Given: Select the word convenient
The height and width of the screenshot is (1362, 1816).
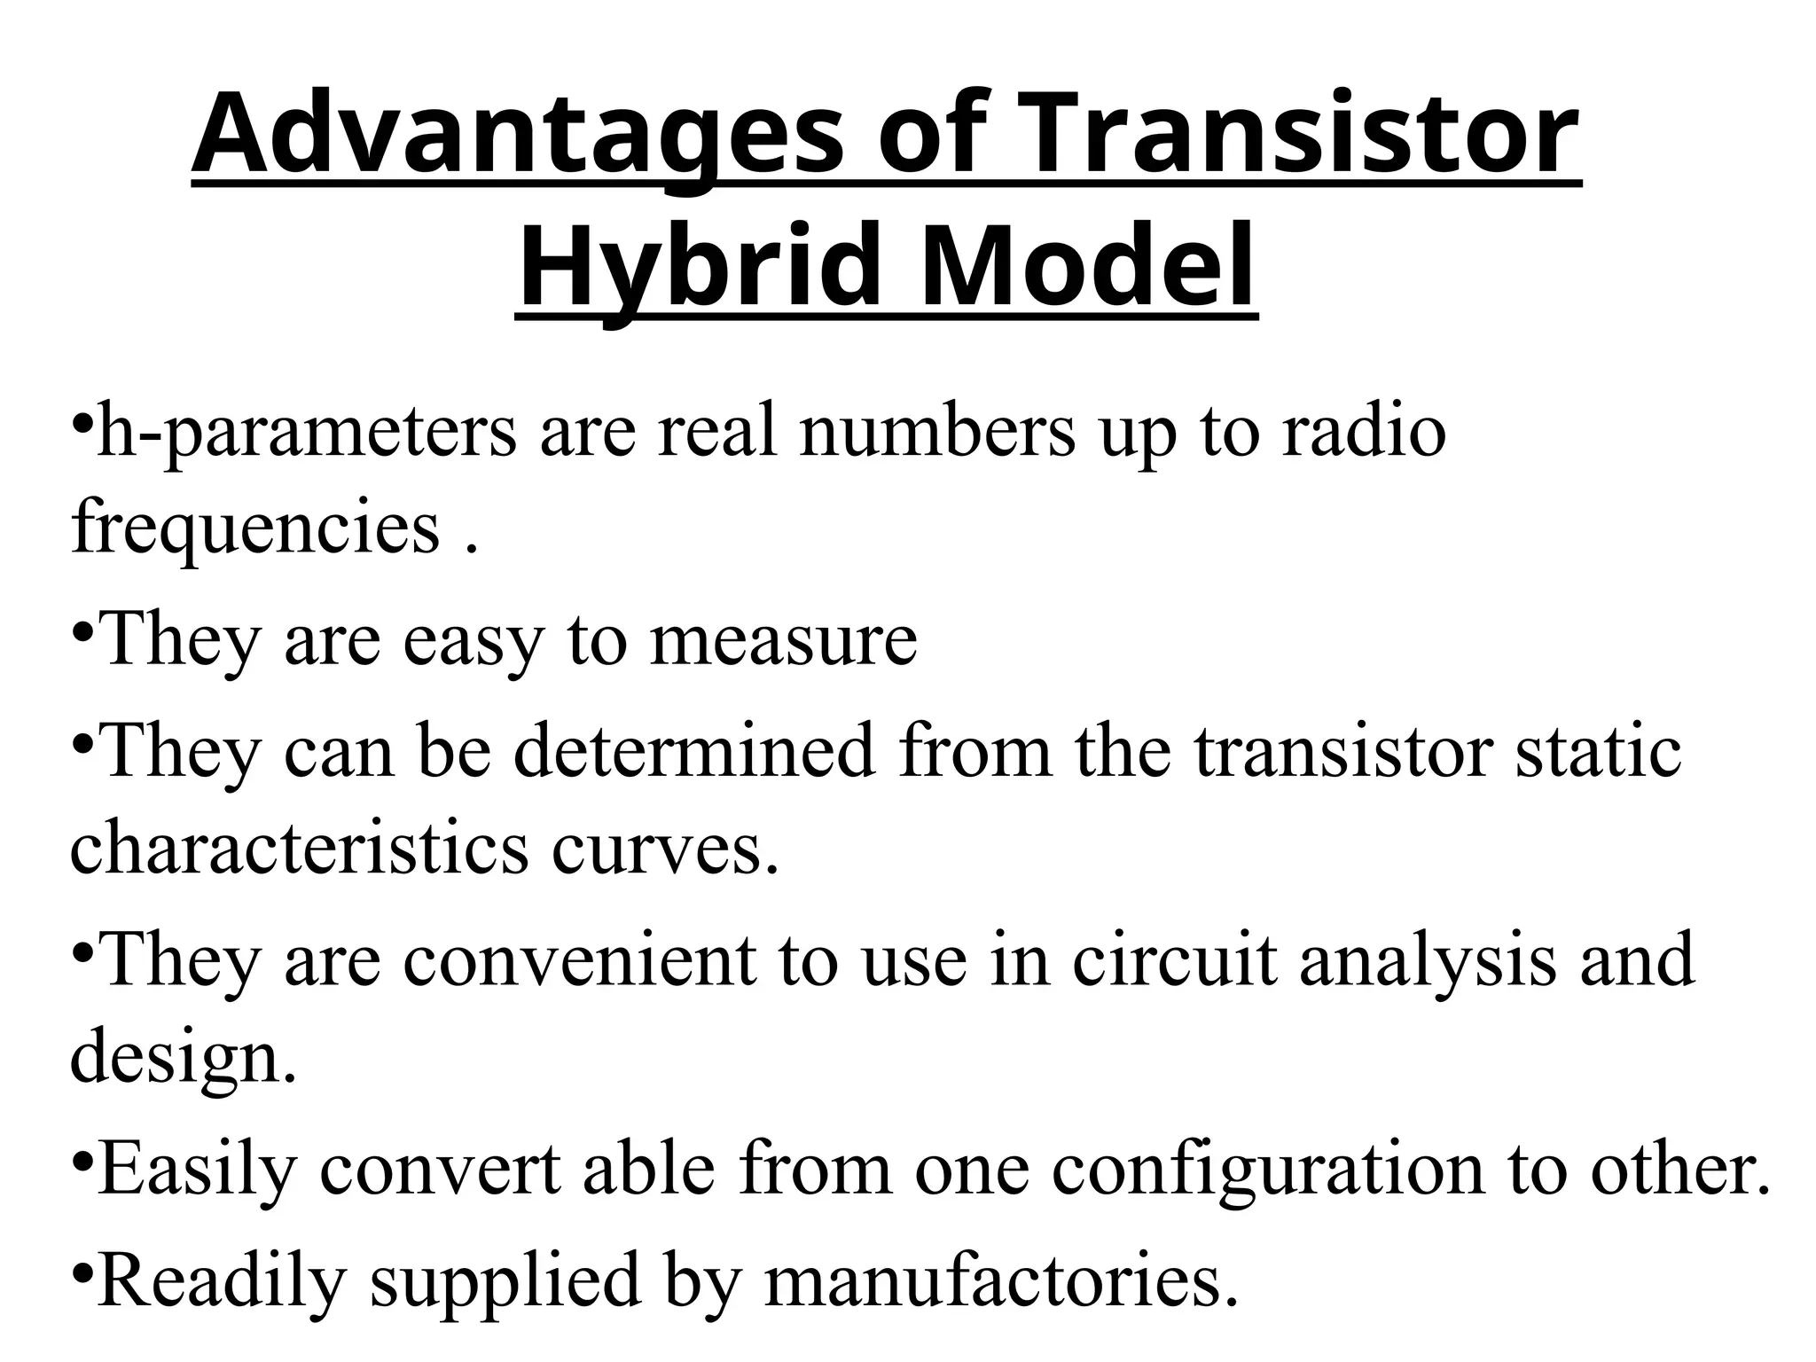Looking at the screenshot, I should click(580, 959).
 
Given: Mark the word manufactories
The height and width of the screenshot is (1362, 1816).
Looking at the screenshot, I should click(999, 1280).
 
